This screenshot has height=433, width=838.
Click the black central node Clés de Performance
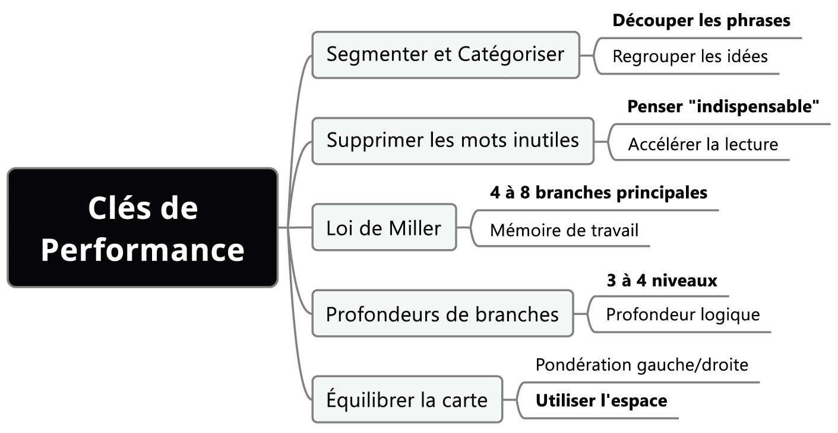coord(143,228)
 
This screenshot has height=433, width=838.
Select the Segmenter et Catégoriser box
coord(445,55)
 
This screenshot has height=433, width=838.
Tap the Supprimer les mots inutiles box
coord(453,141)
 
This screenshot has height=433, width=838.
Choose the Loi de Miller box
coord(384,228)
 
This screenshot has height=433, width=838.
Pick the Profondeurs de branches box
coord(442,314)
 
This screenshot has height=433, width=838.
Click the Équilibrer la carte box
coord(407,399)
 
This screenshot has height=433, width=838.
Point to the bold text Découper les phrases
coord(701,21)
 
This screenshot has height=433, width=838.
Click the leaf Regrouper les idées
coord(690,57)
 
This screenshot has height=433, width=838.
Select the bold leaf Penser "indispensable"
coord(724,107)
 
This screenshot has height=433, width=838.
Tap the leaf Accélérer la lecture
coord(703,144)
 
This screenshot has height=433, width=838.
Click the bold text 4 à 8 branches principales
coord(599,193)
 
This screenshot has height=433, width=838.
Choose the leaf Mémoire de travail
coord(564,230)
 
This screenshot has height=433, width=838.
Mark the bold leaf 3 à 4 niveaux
coord(662,281)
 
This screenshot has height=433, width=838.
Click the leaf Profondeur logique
coord(683,314)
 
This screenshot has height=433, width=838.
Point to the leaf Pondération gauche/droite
coord(642,365)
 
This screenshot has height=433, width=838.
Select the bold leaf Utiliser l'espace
coord(602,401)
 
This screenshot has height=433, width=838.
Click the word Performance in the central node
coord(143,250)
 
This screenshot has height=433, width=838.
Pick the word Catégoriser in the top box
coord(511,55)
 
